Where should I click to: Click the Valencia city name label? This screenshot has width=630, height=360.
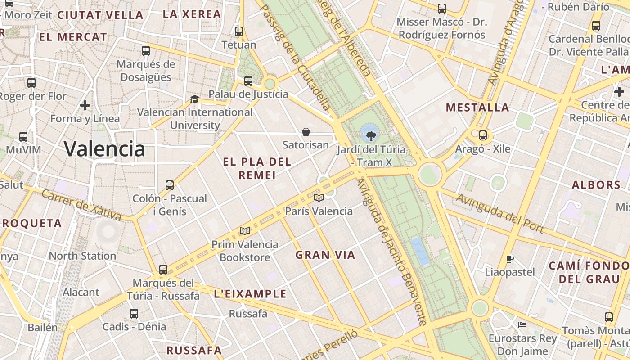point(104,148)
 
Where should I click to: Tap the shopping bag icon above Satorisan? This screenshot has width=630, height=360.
point(306,132)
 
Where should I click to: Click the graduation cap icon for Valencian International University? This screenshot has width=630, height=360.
point(194,99)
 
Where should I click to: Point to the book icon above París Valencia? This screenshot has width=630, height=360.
point(319,198)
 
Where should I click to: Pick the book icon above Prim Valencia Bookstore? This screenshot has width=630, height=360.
point(245,231)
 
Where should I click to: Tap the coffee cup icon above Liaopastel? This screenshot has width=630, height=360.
point(509,259)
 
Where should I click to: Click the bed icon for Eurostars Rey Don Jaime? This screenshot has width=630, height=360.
point(522,324)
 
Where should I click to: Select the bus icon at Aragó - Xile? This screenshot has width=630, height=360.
point(483,135)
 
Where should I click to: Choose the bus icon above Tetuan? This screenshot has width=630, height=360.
point(239,31)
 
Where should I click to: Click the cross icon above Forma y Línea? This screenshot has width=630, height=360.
point(85,105)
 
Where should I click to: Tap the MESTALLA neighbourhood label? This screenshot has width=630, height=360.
point(477,108)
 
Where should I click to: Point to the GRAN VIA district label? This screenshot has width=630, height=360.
point(325,255)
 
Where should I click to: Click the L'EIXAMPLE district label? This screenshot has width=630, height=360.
point(250,294)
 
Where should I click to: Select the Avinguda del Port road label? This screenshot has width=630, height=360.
point(500,213)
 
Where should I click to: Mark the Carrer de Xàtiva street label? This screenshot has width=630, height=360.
point(81,206)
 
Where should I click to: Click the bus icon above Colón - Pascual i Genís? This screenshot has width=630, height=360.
point(170,185)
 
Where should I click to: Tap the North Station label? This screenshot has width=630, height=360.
point(82,256)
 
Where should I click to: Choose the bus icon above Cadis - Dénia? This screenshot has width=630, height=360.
point(134,314)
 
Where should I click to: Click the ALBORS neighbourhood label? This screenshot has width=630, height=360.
point(596,185)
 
